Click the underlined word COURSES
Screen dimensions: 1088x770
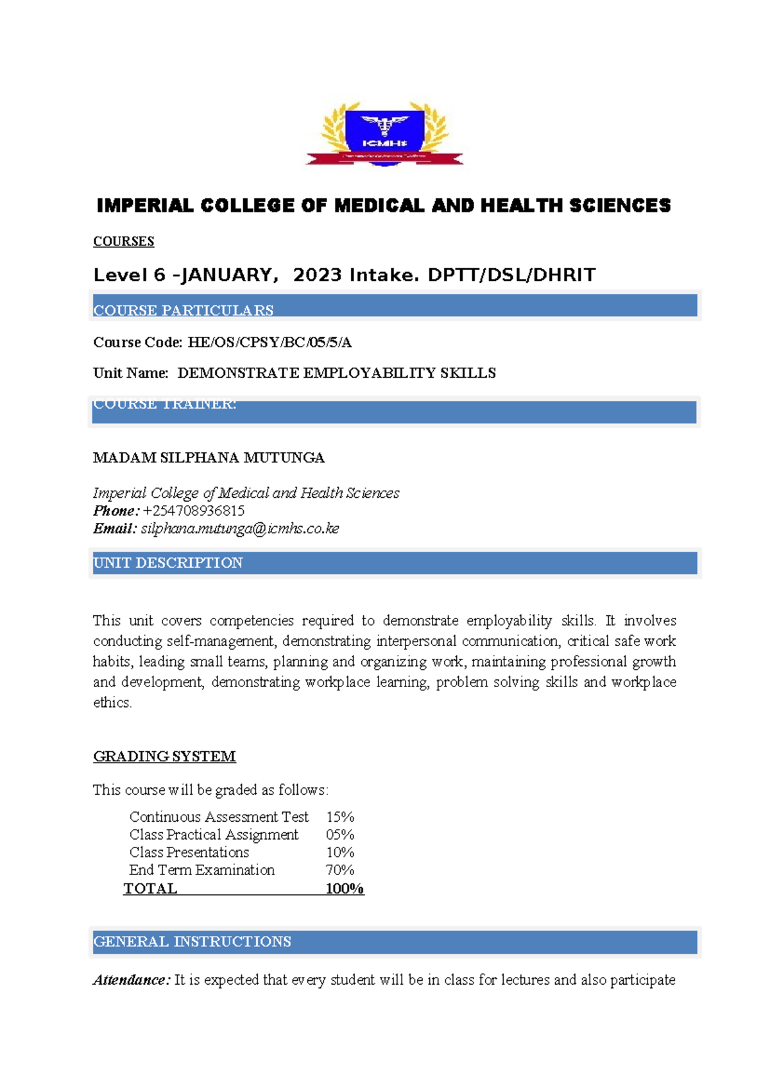(x=124, y=241)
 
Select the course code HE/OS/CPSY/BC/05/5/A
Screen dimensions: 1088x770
(x=269, y=343)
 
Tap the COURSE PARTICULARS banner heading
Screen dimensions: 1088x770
(x=184, y=310)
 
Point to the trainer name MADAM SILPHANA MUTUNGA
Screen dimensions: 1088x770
(x=209, y=458)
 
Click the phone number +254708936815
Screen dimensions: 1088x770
(x=194, y=511)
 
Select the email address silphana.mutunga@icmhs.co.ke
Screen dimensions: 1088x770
(x=240, y=529)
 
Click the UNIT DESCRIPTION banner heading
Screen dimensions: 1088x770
(x=168, y=563)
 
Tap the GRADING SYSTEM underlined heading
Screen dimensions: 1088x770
(x=164, y=756)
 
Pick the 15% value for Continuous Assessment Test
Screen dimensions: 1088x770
(x=340, y=817)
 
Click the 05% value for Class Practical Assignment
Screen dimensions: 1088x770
(x=340, y=835)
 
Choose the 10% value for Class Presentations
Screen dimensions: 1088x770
(x=340, y=853)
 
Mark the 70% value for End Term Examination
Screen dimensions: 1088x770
(x=340, y=870)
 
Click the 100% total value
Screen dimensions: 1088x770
(x=345, y=888)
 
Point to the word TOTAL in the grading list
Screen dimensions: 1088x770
(x=150, y=888)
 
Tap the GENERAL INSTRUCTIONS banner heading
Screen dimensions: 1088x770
(x=193, y=942)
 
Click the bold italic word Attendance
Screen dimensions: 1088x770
(x=132, y=980)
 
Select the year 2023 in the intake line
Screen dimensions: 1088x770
(x=317, y=275)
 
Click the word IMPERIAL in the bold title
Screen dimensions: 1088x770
(x=144, y=206)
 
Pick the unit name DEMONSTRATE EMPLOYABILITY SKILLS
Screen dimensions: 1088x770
(x=336, y=373)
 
